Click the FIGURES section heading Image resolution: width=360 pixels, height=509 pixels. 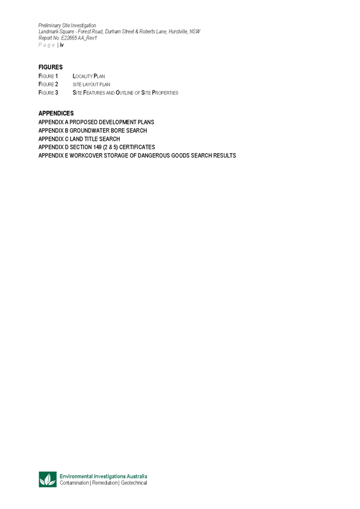(50, 67)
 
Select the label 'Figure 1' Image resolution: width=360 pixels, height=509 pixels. (48, 76)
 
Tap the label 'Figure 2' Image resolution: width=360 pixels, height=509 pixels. (48, 84)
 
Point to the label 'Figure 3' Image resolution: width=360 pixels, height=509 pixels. (48, 93)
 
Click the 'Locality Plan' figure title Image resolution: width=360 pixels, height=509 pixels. (89, 76)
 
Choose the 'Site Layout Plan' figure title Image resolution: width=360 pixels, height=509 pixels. (91, 84)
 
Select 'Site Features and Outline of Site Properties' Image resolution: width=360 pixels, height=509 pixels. (125, 93)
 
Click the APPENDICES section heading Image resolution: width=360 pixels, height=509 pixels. (56, 114)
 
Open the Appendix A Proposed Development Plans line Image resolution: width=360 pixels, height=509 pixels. (96, 122)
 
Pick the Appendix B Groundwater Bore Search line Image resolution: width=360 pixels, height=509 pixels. (93, 130)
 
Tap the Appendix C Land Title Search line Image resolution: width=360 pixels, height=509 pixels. (79, 138)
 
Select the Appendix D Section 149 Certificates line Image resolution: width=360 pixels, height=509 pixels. (97, 147)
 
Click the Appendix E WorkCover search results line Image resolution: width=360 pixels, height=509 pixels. (137, 155)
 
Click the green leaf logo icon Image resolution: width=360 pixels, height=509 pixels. (47, 480)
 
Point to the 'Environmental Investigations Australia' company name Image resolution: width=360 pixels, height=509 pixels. (104, 477)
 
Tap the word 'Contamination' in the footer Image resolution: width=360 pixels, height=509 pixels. (74, 484)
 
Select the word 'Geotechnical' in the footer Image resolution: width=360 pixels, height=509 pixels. (134, 484)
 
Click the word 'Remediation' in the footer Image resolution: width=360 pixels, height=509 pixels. (105, 484)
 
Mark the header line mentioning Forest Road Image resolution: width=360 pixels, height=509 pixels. (119, 32)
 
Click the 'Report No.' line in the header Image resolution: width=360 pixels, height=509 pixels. (67, 38)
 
